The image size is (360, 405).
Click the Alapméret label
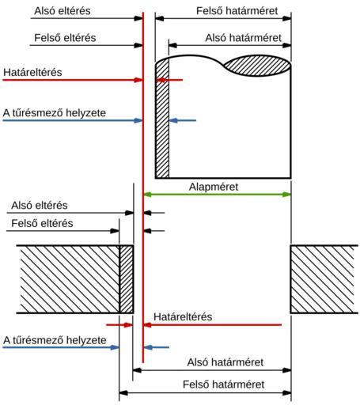coord(214,187)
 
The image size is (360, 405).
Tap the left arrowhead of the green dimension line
coord(147,195)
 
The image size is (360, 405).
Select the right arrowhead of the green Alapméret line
coord(287,195)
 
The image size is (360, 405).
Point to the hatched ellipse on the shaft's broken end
coord(257,66)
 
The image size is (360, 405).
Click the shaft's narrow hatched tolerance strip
coord(162,119)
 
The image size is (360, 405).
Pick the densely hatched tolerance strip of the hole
coord(127,279)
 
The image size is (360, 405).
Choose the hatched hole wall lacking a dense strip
coord(324,279)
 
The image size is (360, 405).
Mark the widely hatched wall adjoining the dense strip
coord(69,279)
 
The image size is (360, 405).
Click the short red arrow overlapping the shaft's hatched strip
coord(169,80)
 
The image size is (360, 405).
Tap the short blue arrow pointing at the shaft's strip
coord(183,120)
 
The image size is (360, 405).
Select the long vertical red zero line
coord(143,187)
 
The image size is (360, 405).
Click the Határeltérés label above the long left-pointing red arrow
coord(183,316)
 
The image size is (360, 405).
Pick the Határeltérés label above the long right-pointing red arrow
coord(32,72)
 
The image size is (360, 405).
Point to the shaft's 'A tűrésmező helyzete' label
coord(55,113)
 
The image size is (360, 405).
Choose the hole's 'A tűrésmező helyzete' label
coord(55,340)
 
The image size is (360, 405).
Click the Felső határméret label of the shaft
coord(237,11)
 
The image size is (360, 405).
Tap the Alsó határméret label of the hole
coord(225,362)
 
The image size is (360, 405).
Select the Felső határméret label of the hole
coord(224,384)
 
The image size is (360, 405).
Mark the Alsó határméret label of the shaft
coord(243,38)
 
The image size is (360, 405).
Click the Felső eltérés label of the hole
coord(42,223)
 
